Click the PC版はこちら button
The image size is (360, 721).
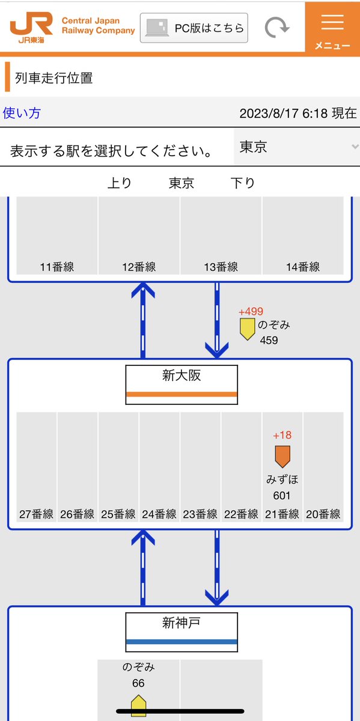[194, 28]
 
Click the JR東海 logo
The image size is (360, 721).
[31, 28]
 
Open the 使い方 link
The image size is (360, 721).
[22, 113]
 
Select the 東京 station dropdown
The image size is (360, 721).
[296, 147]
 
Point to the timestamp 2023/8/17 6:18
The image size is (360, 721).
[283, 114]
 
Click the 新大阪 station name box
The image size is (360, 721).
[182, 385]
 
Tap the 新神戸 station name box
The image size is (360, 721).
[182, 632]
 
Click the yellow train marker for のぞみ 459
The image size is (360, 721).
[247, 329]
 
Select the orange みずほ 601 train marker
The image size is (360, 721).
[282, 457]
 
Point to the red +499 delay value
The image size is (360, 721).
[251, 311]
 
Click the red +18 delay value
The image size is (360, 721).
[282, 435]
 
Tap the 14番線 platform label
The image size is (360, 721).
[303, 267]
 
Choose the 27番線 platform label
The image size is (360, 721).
[36, 514]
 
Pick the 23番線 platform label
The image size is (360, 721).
[200, 514]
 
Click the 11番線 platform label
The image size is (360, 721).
[57, 267]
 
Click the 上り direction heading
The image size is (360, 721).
[120, 183]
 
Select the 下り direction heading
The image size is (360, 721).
[243, 183]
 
